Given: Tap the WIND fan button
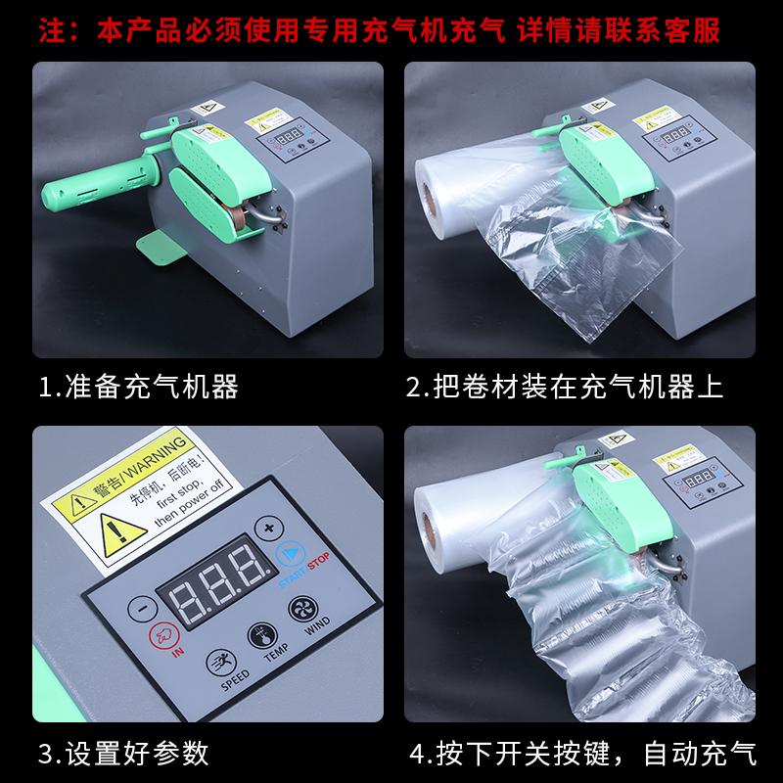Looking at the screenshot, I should pos(302,611).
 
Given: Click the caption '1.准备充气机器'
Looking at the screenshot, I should pos(138,388).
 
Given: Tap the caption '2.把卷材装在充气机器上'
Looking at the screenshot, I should pos(565,388).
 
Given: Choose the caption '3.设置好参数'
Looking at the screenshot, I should pos(123,753).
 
